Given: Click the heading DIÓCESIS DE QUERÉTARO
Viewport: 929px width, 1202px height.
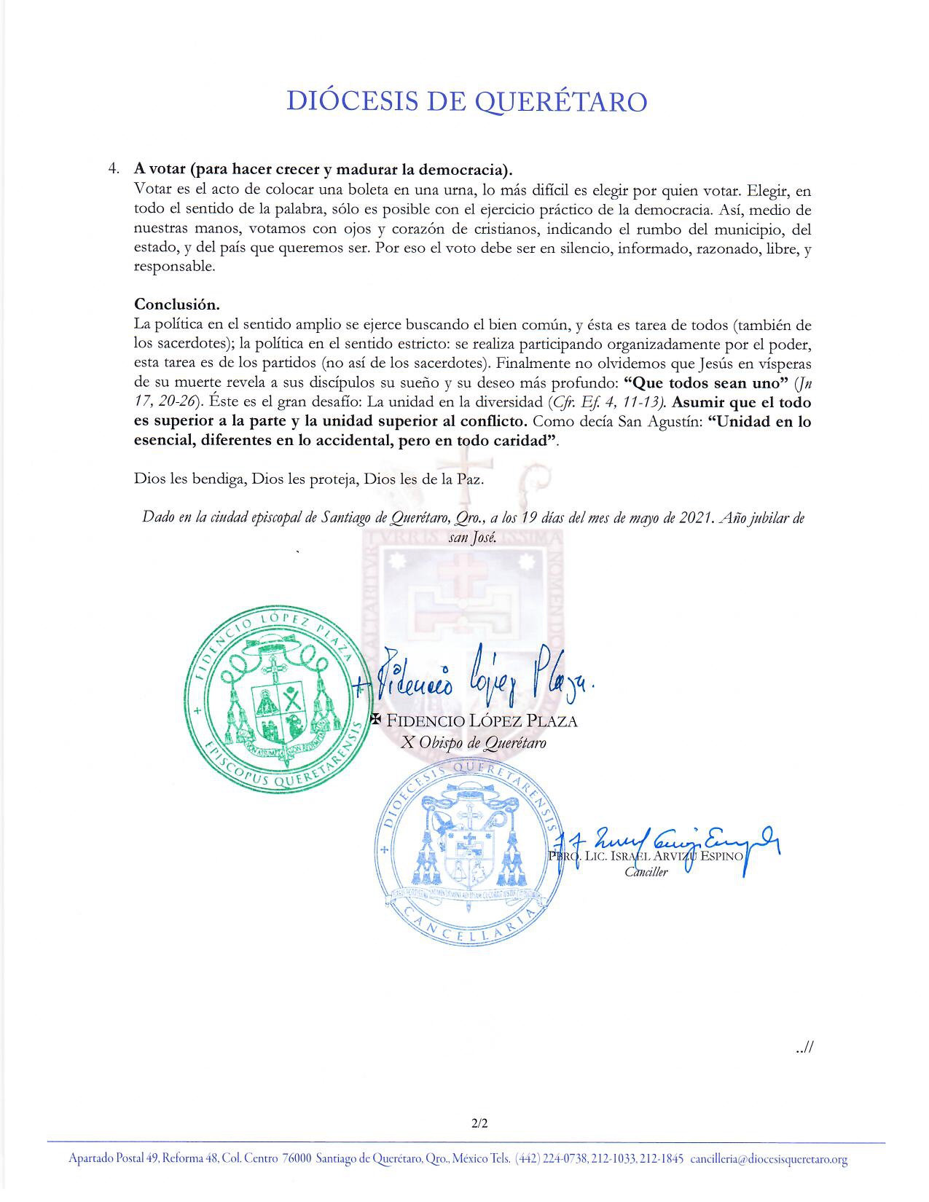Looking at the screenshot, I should pos(466,101).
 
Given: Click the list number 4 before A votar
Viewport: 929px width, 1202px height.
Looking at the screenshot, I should pos(113,169).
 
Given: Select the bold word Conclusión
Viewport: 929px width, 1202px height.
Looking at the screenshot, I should pos(177,304).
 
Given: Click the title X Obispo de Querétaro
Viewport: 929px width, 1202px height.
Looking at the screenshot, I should pos(474,743).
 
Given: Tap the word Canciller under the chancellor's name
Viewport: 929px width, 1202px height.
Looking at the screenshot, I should pos(646,872).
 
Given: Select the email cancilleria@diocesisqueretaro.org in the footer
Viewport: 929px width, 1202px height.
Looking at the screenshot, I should pos(769,1160).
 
